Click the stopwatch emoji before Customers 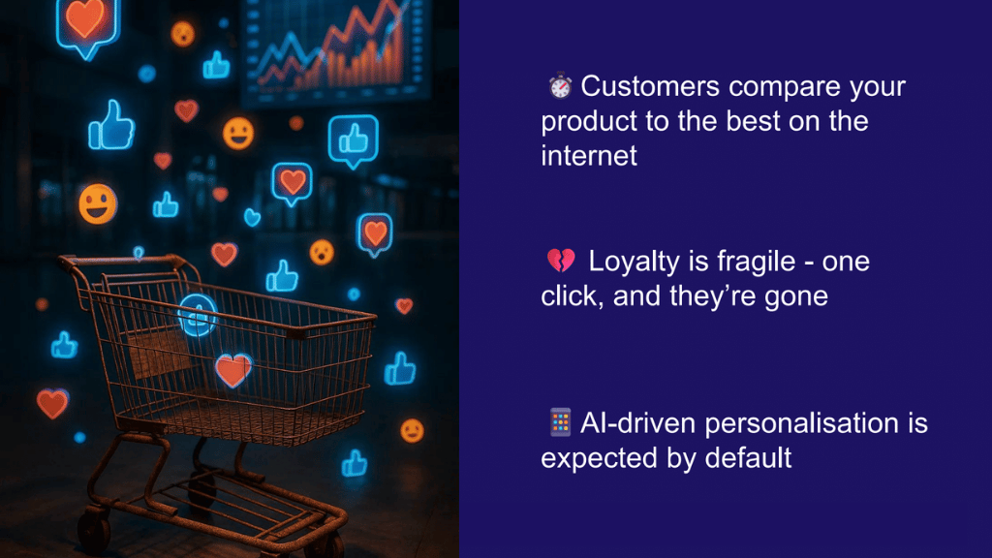click(x=560, y=87)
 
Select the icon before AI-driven click(x=560, y=422)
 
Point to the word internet click(x=589, y=155)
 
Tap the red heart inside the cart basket click(x=232, y=369)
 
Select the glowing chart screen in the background click(x=334, y=48)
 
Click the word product click(x=595, y=123)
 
